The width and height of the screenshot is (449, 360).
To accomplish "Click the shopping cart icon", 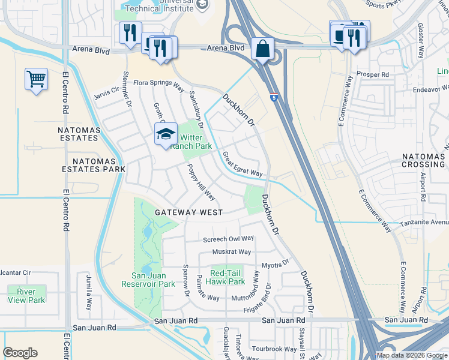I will [x=36, y=79].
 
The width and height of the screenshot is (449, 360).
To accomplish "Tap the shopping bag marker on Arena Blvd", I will [x=263, y=49].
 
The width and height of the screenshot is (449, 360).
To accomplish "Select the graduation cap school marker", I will [x=166, y=134].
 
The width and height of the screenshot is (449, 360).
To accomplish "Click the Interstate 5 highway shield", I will [x=274, y=97].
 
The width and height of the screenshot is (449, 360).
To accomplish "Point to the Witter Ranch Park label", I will [x=191, y=141].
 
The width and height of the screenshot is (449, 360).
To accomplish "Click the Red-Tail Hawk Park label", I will [x=225, y=277].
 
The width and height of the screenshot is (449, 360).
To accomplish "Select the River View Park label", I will [x=26, y=296].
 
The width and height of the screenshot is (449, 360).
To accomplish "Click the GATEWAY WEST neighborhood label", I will [x=188, y=212].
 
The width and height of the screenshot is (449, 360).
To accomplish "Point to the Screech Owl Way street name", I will [x=228, y=239].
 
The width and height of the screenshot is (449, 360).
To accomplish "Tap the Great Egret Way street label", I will [x=243, y=164].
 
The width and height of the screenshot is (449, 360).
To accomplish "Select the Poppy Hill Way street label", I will [x=201, y=182].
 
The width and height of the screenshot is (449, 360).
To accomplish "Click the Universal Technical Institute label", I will [x=161, y=7].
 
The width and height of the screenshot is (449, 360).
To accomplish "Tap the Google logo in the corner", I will [x=20, y=353].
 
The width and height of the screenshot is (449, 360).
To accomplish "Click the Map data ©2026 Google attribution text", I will [x=411, y=355].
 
